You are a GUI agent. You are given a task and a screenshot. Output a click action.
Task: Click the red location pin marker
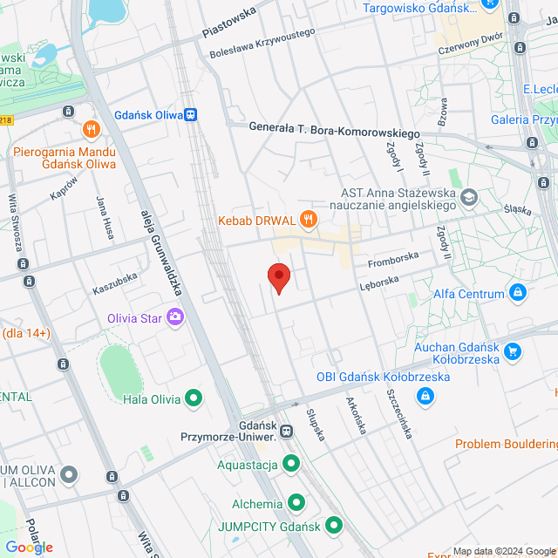click(278, 277)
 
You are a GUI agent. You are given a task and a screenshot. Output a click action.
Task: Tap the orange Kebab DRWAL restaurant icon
click(307, 218)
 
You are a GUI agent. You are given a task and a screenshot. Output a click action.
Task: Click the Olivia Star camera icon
click(175, 317)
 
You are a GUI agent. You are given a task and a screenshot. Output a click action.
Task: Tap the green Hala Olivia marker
click(194, 399)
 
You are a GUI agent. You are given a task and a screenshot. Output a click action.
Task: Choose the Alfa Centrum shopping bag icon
click(519, 292)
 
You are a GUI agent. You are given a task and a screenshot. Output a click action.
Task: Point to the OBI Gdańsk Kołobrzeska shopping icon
click(425, 397)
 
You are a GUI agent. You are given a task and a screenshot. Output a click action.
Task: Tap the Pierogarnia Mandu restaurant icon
click(91, 130)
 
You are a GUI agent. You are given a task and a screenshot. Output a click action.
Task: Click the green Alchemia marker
click(296, 503)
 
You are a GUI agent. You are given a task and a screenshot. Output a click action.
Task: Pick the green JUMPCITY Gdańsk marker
click(333, 525)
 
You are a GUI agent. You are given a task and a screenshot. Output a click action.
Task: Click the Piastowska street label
click(229, 23)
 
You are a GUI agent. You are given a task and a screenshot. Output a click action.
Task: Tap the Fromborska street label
click(393, 259)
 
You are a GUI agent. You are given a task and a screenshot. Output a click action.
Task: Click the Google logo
click(29, 547)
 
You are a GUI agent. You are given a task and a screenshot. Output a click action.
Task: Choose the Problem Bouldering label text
click(507, 445)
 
